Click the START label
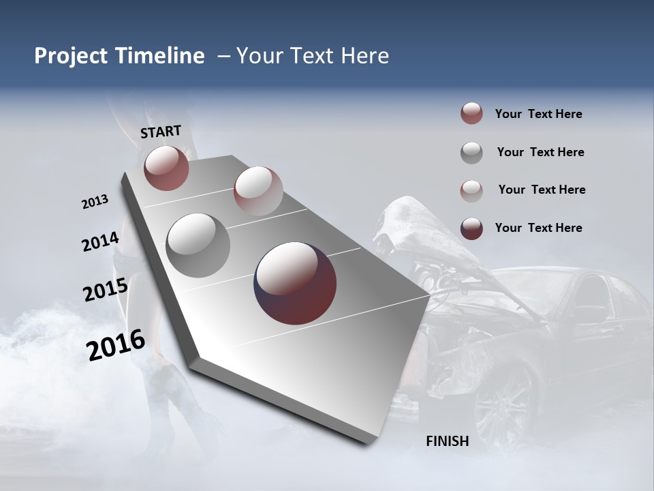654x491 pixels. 161,131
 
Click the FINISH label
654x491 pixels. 447,441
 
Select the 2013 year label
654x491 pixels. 95,202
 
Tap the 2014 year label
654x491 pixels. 100,241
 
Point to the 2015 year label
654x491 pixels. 105,290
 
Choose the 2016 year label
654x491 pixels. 116,344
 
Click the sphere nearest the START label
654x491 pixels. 166,168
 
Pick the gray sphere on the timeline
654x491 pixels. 198,245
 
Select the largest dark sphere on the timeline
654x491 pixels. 295,283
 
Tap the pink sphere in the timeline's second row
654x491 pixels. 258,191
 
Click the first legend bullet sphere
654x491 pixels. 471,114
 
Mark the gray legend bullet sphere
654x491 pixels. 471,152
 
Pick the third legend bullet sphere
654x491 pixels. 471,190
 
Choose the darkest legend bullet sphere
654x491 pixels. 471,228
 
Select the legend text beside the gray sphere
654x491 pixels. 540,152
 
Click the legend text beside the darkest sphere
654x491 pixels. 538,228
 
